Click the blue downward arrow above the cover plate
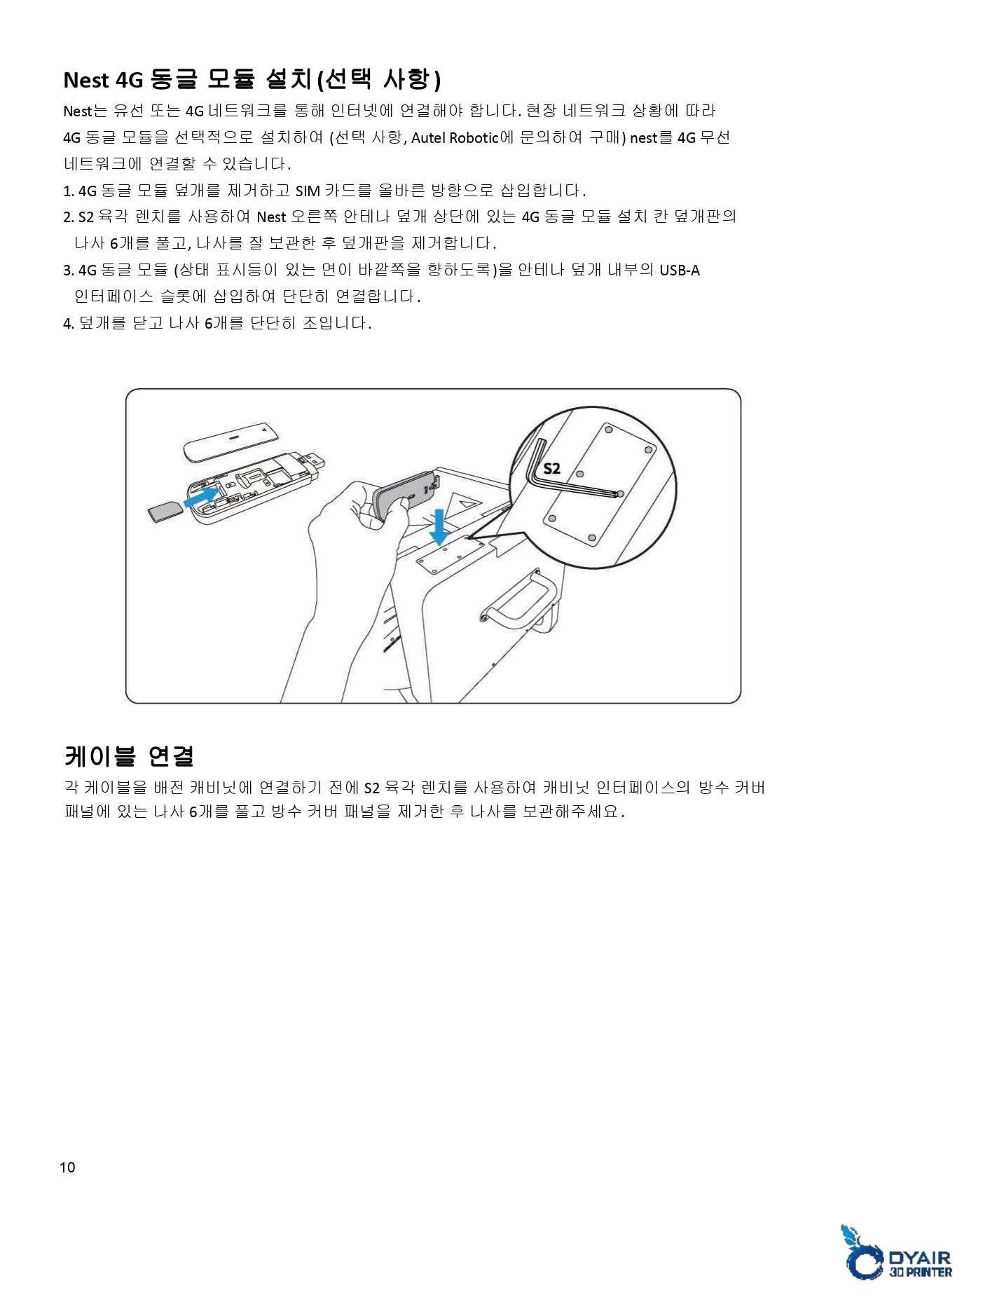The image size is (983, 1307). click(439, 528)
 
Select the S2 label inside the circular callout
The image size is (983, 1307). click(552, 469)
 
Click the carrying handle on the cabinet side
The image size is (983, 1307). click(518, 600)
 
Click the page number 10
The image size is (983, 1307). click(67, 1168)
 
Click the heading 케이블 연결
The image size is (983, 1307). click(128, 755)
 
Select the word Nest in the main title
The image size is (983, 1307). click(86, 81)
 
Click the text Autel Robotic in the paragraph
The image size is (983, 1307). click(454, 138)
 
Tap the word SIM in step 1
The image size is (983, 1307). click(308, 191)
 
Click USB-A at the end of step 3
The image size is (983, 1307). click(679, 271)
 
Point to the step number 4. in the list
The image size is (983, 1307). click(69, 324)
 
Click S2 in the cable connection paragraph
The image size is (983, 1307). click(372, 788)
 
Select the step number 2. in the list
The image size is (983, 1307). click(69, 217)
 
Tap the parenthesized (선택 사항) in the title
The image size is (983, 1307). click(379, 79)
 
